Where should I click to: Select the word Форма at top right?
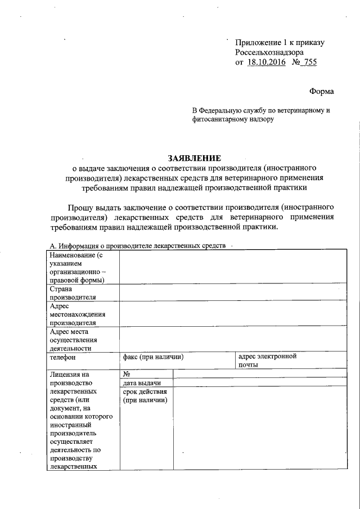(321, 91)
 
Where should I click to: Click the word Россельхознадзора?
(269, 52)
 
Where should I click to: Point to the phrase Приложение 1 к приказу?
(280, 42)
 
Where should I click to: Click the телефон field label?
(62, 357)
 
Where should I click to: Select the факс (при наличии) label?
(154, 357)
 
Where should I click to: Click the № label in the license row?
(127, 373)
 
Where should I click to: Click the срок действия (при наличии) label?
(145, 395)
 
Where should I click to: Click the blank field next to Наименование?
(231, 267)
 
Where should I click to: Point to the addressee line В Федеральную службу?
(260, 110)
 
